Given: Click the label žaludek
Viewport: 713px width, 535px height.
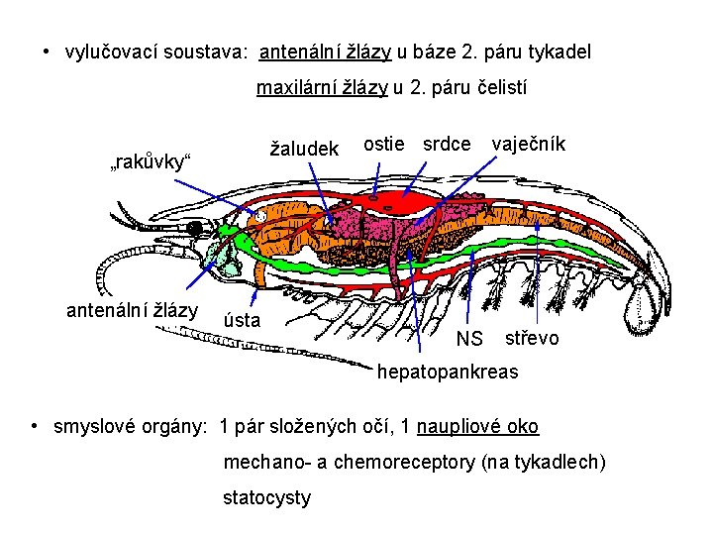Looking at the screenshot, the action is click(x=305, y=150).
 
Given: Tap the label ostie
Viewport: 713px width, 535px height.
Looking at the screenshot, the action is click(x=384, y=144).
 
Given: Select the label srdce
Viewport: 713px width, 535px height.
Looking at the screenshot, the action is click(x=447, y=144).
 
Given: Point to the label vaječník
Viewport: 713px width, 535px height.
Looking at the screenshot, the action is click(x=528, y=145).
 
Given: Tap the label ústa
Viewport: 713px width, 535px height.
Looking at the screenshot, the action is click(x=243, y=320).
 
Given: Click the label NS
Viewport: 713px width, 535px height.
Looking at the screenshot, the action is click(x=469, y=340).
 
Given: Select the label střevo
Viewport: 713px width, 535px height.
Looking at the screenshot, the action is click(x=532, y=339).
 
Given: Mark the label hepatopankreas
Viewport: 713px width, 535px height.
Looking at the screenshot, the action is click(x=448, y=373).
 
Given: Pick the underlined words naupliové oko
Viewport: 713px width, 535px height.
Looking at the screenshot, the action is click(x=478, y=427).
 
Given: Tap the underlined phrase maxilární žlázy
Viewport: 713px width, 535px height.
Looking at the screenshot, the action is click(x=322, y=88).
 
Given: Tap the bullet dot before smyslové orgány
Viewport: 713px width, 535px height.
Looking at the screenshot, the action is click(x=36, y=427).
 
